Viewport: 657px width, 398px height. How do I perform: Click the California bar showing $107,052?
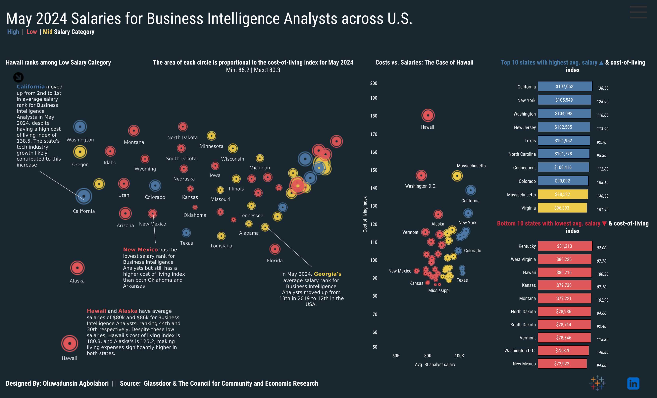pyautogui.click(x=565, y=86)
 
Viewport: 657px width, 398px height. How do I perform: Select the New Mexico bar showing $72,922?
pyautogui.click(x=562, y=364)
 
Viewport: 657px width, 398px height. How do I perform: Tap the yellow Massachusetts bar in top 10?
pyautogui.click(x=563, y=194)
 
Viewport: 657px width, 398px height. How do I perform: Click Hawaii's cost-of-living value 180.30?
pyautogui.click(x=603, y=274)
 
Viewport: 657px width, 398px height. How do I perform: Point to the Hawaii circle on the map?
pyautogui.click(x=70, y=343)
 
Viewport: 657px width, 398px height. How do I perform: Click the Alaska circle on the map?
pyautogui.click(x=77, y=268)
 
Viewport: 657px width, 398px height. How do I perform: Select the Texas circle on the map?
pyautogui.click(x=186, y=233)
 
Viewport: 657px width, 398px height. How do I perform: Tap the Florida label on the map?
pyautogui.click(x=275, y=260)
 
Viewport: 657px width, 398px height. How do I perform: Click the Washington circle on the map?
pyautogui.click(x=80, y=127)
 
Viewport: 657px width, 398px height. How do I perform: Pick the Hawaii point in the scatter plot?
pyautogui.click(x=428, y=115)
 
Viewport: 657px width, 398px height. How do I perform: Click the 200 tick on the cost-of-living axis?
pyautogui.click(x=374, y=83)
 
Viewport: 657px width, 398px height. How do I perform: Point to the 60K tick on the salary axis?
pyautogui.click(x=396, y=356)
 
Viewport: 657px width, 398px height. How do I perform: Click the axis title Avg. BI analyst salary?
pyautogui.click(x=435, y=364)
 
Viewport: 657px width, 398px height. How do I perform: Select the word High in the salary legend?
pyautogui.click(x=13, y=32)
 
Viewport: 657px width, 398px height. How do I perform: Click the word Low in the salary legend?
pyautogui.click(x=31, y=32)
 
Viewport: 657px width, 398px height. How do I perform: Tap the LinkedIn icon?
pyautogui.click(x=633, y=383)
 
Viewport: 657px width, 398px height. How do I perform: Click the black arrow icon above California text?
pyautogui.click(x=18, y=77)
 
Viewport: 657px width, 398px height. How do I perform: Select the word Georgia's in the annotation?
pyautogui.click(x=328, y=274)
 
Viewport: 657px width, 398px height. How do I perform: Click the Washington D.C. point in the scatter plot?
pyautogui.click(x=421, y=175)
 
